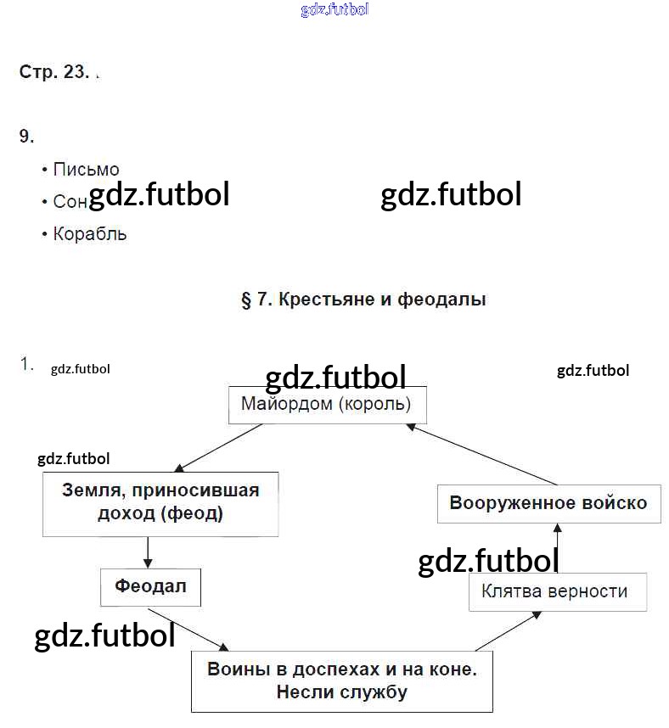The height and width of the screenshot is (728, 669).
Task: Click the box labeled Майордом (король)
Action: point(327,405)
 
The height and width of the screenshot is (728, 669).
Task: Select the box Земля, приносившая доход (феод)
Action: point(160,503)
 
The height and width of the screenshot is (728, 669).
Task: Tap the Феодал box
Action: point(150,586)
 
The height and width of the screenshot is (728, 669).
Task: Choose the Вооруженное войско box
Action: point(548,503)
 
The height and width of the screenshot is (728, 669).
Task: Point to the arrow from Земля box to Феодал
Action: point(149,553)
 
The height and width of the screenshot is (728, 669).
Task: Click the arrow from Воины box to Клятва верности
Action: point(514,630)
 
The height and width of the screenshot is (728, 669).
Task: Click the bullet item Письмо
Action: point(86,170)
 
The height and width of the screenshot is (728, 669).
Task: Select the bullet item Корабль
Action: point(89,234)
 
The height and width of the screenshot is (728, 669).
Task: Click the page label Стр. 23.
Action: point(53,72)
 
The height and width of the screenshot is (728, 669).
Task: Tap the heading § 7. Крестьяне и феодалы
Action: point(363,300)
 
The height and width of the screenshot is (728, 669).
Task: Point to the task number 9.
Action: point(26,136)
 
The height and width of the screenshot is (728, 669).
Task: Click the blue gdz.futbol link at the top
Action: point(334,10)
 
